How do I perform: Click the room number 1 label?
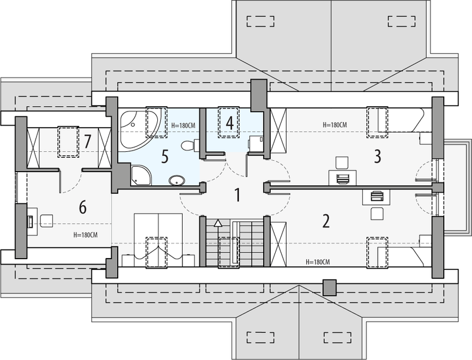[x=237, y=194]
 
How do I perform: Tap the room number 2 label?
[x=326, y=221]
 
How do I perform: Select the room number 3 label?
[x=377, y=157]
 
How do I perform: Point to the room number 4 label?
[x=229, y=123]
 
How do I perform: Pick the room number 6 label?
[x=83, y=208]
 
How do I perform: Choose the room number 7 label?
[x=88, y=142]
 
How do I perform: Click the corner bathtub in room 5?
[x=138, y=127]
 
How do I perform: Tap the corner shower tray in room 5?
[x=142, y=175]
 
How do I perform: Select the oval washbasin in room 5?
[x=177, y=180]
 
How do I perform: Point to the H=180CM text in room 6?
[x=85, y=235]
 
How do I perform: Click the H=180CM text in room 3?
[x=334, y=125]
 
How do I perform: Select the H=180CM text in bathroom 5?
[x=183, y=125]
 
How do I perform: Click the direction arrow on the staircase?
[x=217, y=223]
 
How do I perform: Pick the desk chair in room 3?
[x=341, y=162]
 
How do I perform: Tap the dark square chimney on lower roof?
[x=329, y=287]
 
